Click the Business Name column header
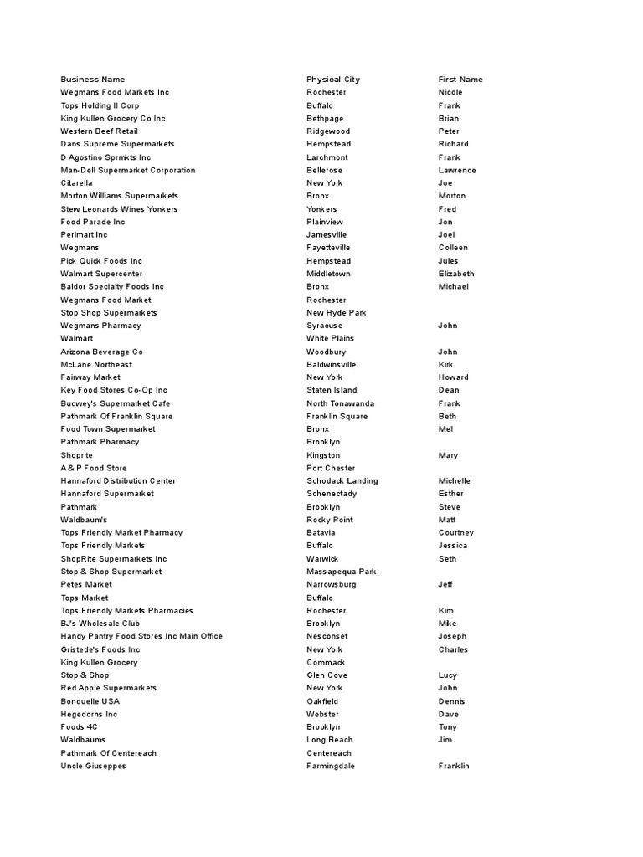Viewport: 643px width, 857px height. pos(93,80)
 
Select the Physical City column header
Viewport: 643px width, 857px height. pos(333,80)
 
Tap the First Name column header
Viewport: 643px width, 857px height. pos(460,80)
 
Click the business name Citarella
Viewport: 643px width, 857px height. pos(77,183)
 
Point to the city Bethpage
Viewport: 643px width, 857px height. pos(325,119)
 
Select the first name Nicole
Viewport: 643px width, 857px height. pos(450,92)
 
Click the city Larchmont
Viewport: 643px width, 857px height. pos(327,157)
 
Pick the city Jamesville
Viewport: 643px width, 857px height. pos(327,235)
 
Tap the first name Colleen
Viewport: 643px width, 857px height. pos(453,248)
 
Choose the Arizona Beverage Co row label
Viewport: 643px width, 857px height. pos(102,352)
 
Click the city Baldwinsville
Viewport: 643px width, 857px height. pos(332,365)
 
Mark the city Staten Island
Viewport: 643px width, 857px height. pos(332,390)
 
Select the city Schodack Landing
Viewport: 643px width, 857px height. pos(342,481)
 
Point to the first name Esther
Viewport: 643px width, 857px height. pos(450,494)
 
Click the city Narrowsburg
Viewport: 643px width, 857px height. pos(332,585)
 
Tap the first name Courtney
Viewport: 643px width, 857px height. pos(456,533)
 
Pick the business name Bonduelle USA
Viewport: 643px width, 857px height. pos(90,701)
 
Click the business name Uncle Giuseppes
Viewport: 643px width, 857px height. pos(94,766)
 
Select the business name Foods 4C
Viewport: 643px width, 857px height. pos(80,727)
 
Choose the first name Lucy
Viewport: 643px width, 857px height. pos(448,675)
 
